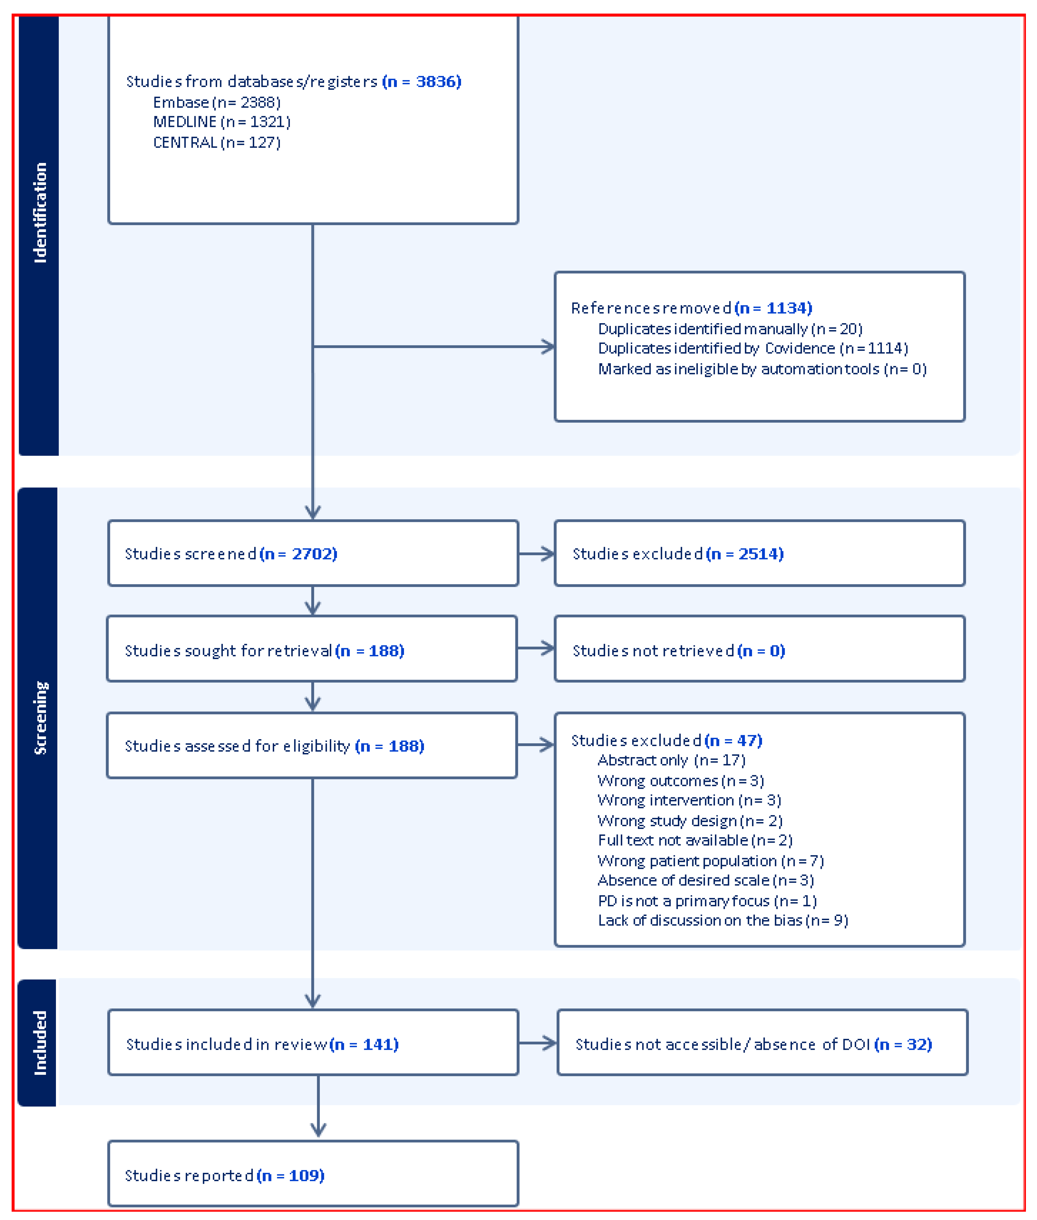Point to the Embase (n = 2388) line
click(x=216, y=102)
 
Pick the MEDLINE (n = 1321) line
click(x=222, y=122)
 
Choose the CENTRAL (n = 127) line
click(x=216, y=142)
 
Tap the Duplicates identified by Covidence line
click(x=752, y=348)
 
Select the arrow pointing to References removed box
click(x=547, y=346)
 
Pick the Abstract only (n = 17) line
click(x=671, y=760)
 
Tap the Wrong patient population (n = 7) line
click(x=710, y=861)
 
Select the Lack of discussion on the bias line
click(x=722, y=920)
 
